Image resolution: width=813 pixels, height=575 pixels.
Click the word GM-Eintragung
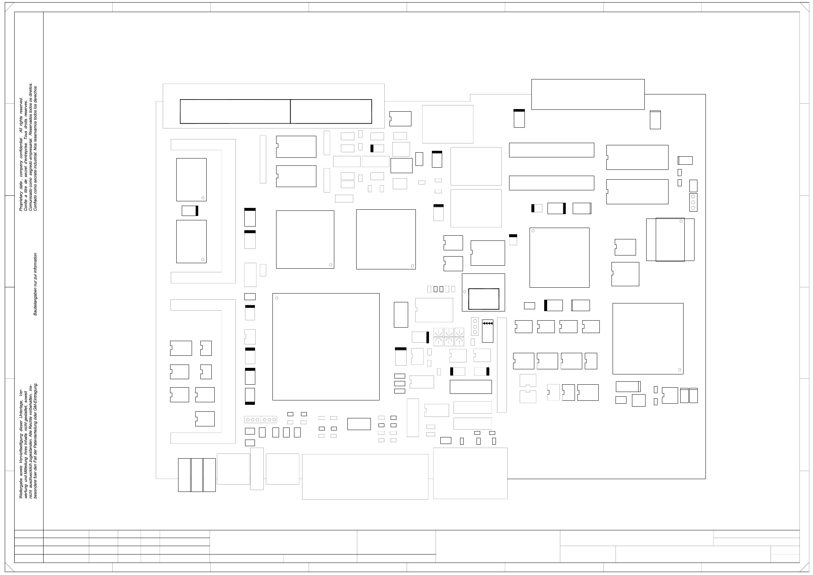click(x=36, y=400)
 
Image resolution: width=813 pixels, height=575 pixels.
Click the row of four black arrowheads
click(x=488, y=323)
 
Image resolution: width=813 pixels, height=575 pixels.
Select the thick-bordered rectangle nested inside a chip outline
click(x=483, y=299)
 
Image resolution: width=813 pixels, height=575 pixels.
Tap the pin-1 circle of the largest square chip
click(x=277, y=298)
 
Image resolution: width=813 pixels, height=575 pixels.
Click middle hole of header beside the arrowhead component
click(x=475, y=326)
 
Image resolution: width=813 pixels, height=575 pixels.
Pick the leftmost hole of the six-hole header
click(x=248, y=419)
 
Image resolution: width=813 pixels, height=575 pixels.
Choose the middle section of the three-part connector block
click(x=197, y=475)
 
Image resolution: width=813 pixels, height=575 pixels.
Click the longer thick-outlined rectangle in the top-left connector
click(x=235, y=111)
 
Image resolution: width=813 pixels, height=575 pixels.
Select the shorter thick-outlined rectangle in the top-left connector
click(x=331, y=111)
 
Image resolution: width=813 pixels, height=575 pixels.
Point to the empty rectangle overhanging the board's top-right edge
click(x=588, y=94)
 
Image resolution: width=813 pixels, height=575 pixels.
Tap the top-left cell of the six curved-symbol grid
click(x=438, y=332)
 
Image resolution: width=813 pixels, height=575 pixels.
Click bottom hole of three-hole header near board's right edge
click(x=693, y=208)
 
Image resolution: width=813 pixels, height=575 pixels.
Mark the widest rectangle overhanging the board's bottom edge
click(x=365, y=477)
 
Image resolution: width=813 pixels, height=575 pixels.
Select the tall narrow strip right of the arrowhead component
click(x=502, y=365)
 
